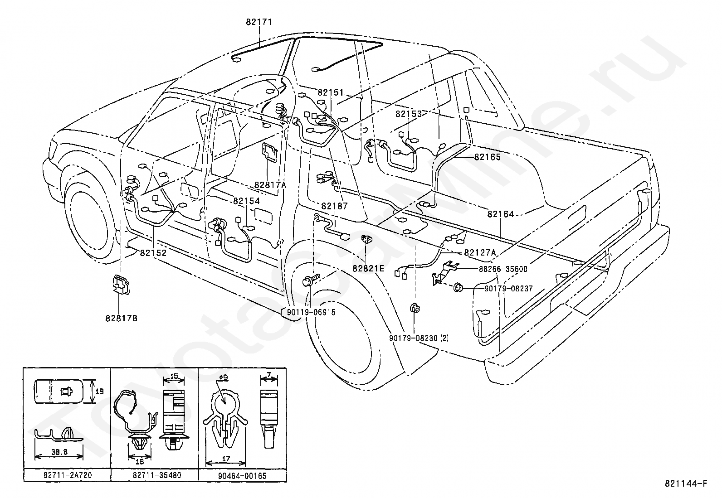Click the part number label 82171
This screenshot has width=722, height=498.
[x=259, y=22]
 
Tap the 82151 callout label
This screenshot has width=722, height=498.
[x=331, y=92]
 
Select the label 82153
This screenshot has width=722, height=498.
[x=409, y=114]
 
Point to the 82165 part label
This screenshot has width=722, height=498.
[x=488, y=157]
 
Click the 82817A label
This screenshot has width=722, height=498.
[x=270, y=185]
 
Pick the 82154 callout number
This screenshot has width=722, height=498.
[x=247, y=201]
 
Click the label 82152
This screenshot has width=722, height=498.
[x=153, y=253]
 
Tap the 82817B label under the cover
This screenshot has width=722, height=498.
[x=121, y=318]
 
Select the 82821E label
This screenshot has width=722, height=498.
[x=368, y=268]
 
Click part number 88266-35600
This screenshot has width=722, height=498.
[x=503, y=269]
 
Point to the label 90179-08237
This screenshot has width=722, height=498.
[x=509, y=289]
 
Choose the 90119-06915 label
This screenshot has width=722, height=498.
[x=312, y=312]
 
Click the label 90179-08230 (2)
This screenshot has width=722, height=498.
[x=419, y=338]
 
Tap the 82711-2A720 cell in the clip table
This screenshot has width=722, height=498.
[x=68, y=475]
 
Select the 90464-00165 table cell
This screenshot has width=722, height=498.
[x=242, y=475]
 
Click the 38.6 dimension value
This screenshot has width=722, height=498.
[x=59, y=452]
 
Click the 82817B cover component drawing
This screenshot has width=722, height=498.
[x=121, y=285]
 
